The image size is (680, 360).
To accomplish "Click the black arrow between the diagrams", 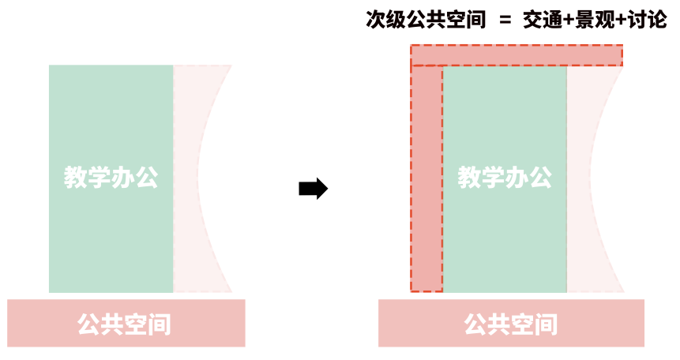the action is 313,189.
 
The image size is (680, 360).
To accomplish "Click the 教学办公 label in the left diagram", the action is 111,178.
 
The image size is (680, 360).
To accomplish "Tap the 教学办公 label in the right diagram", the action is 505,178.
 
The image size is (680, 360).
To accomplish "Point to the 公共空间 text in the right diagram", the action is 510,324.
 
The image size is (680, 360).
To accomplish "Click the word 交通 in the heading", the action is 540,21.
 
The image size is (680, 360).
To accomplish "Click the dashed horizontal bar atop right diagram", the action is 517,55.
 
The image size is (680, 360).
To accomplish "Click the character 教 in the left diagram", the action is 76,178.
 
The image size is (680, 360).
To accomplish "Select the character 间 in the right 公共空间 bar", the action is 546,324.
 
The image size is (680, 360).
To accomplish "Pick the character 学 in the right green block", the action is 493,178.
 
